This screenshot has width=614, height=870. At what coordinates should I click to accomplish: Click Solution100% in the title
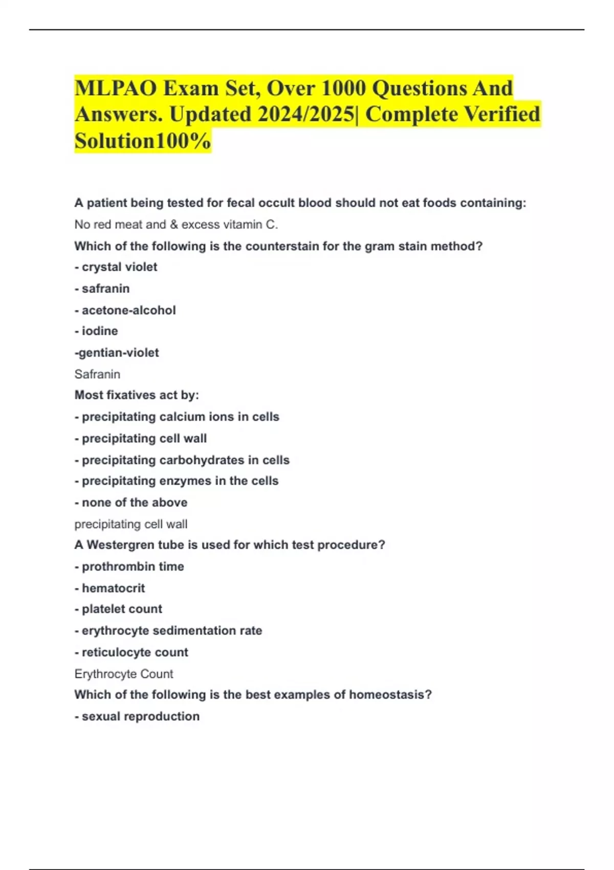point(143,141)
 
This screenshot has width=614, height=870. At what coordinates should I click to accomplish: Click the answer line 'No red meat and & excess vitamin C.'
point(176,225)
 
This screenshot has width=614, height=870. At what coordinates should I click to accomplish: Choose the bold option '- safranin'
point(102,289)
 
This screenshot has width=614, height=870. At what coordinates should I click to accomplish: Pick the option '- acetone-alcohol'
point(125,310)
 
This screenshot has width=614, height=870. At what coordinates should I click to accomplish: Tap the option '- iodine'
point(96,331)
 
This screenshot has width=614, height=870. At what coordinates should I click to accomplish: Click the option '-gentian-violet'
point(117,353)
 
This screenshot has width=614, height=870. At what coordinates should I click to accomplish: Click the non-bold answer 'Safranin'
point(97,374)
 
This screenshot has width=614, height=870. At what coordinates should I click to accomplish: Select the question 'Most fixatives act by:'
point(137,395)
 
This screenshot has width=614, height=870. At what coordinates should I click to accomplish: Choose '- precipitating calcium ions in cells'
point(177,417)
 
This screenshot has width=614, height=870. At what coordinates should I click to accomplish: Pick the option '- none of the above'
point(131,503)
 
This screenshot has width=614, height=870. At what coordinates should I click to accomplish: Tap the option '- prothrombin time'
point(129,567)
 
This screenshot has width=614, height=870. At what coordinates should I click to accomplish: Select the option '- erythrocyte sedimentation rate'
point(168,630)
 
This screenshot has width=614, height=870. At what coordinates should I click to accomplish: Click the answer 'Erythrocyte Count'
point(124,674)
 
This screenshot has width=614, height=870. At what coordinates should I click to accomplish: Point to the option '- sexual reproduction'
point(137,716)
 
